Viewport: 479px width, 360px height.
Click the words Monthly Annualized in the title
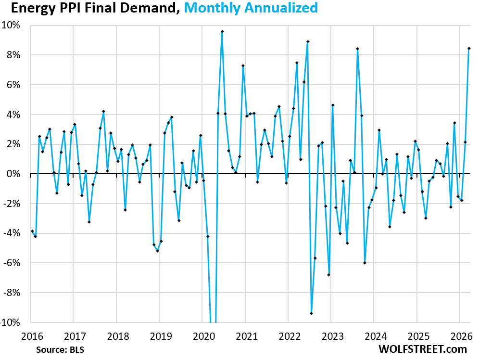[x=251, y=8]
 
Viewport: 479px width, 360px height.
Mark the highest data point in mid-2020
[x=222, y=31]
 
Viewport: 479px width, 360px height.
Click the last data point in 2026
[x=469, y=48]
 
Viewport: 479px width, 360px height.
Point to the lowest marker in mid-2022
[x=312, y=313]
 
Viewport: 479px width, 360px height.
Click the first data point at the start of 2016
[x=32, y=231]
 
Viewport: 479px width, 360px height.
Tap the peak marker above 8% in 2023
[x=358, y=49]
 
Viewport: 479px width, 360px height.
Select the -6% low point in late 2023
[x=365, y=263]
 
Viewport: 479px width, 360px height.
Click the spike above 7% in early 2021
[x=243, y=65]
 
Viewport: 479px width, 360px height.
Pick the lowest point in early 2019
[x=157, y=251]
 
